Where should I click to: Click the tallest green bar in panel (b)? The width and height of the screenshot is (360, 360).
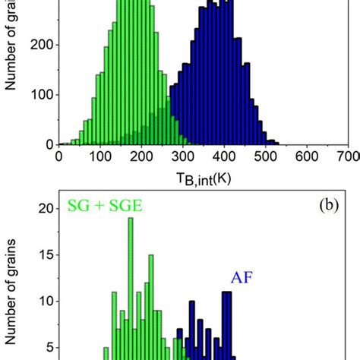130,289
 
